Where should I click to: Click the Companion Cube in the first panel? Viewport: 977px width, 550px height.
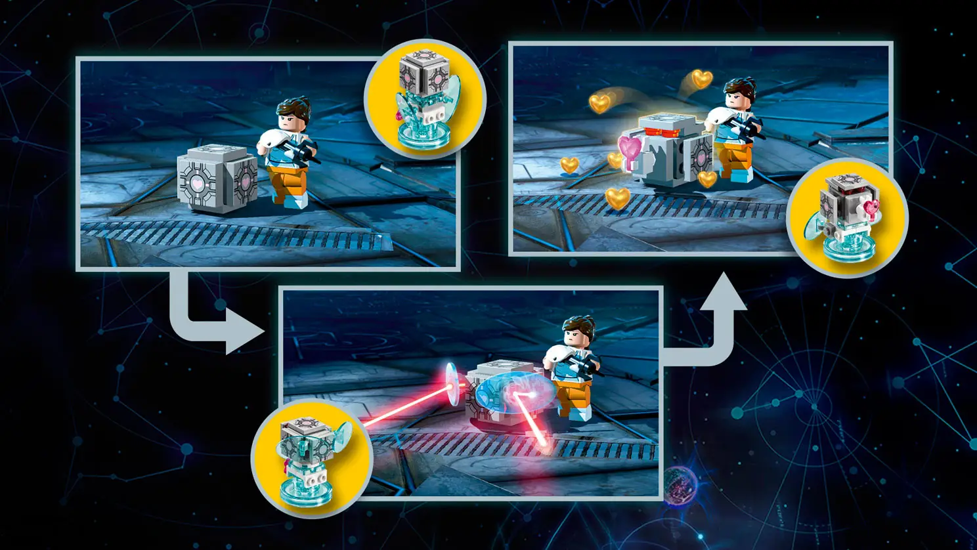(217, 178)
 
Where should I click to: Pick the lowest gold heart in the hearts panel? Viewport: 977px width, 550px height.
(617, 197)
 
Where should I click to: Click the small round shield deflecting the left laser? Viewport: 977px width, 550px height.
(452, 384)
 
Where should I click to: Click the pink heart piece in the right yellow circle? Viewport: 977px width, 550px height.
(871, 209)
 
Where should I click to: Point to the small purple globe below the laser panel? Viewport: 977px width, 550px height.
(679, 484)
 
